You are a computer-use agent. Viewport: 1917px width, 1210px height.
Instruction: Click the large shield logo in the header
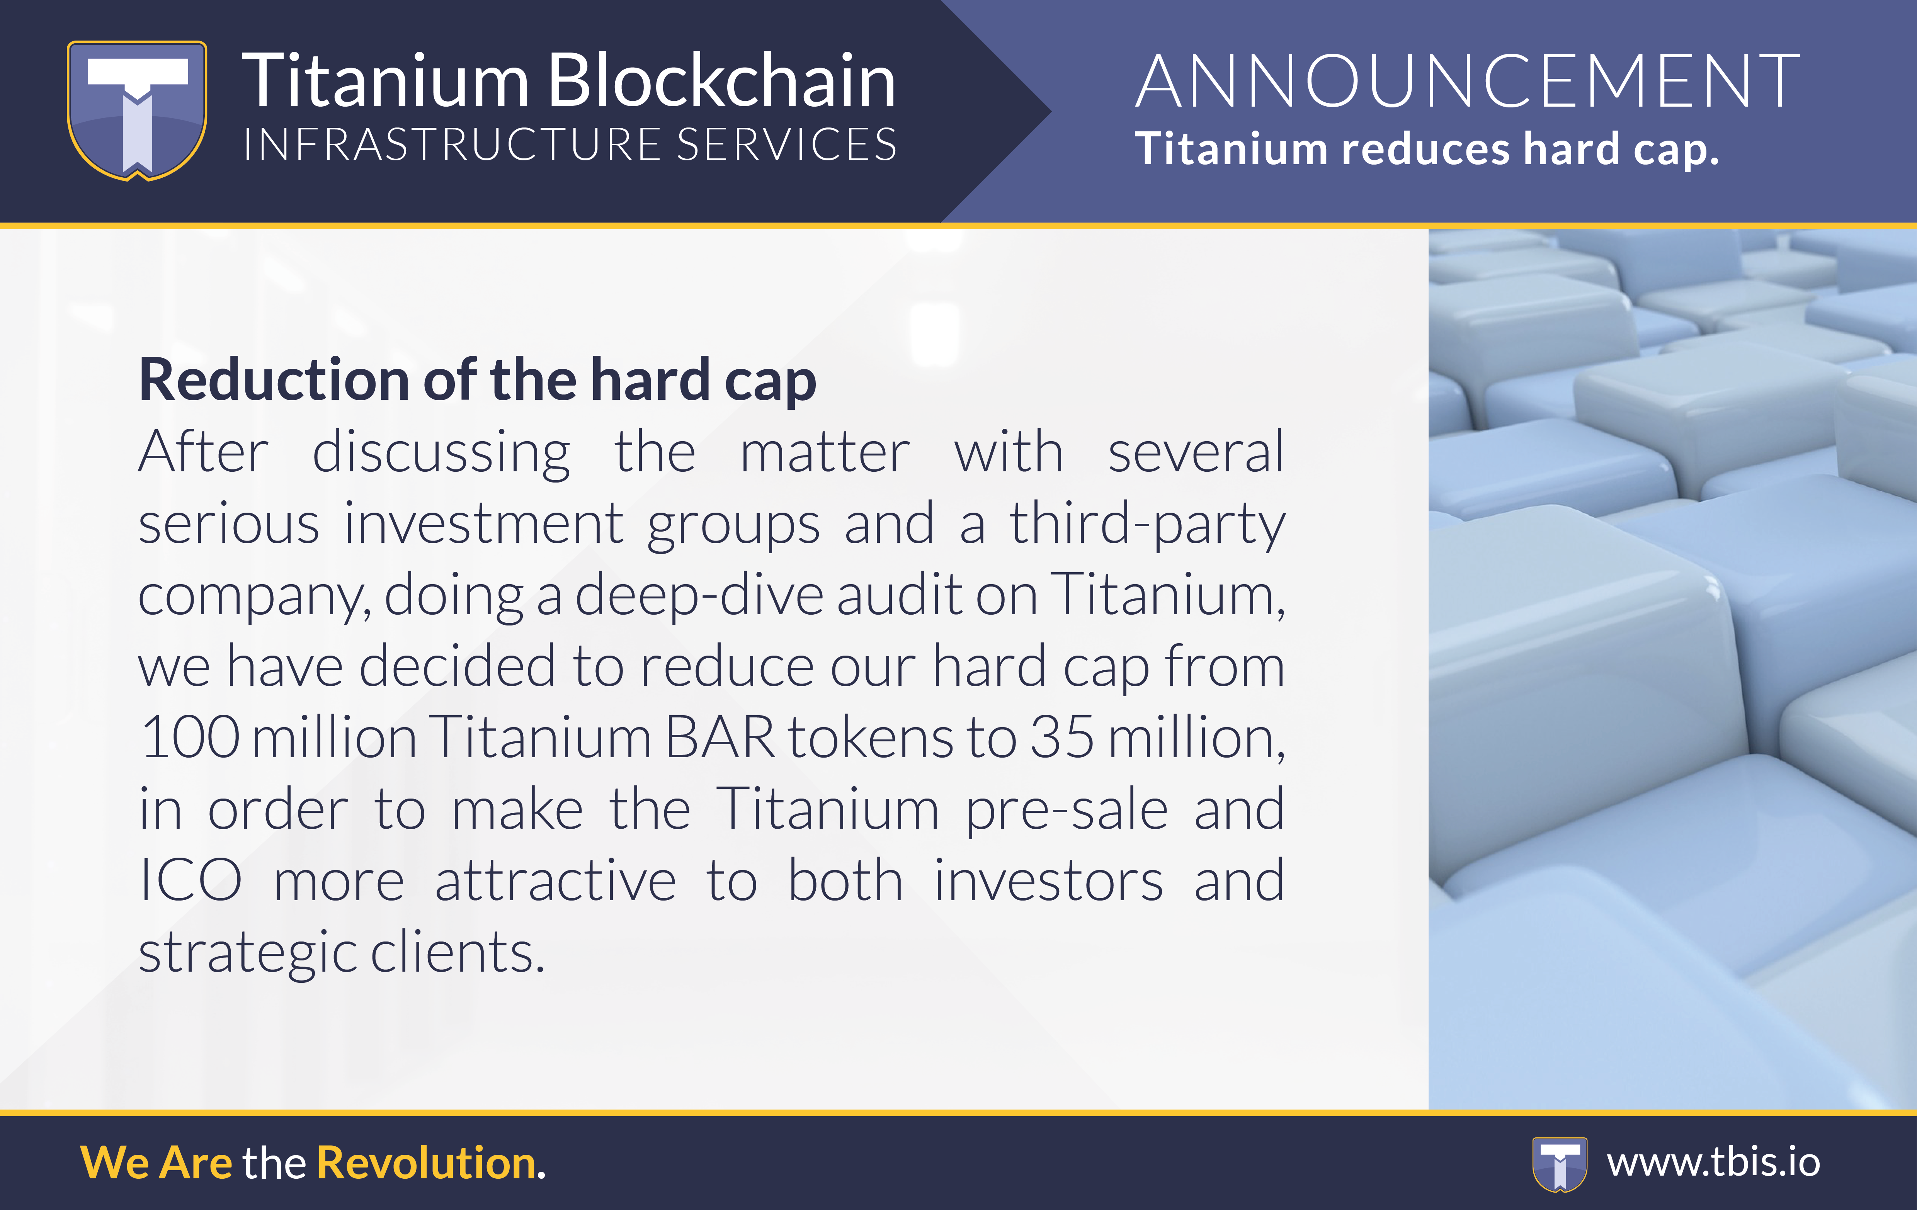pyautogui.click(x=137, y=110)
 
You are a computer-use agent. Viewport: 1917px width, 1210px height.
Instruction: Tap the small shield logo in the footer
pyautogui.click(x=1560, y=1164)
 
